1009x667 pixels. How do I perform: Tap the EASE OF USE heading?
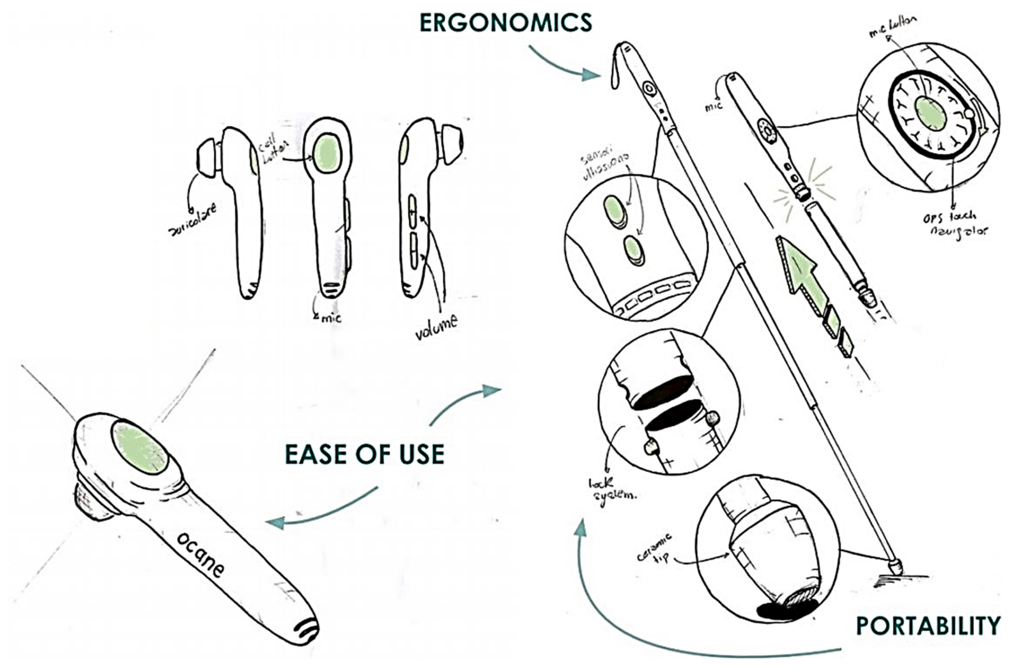pos(365,454)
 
